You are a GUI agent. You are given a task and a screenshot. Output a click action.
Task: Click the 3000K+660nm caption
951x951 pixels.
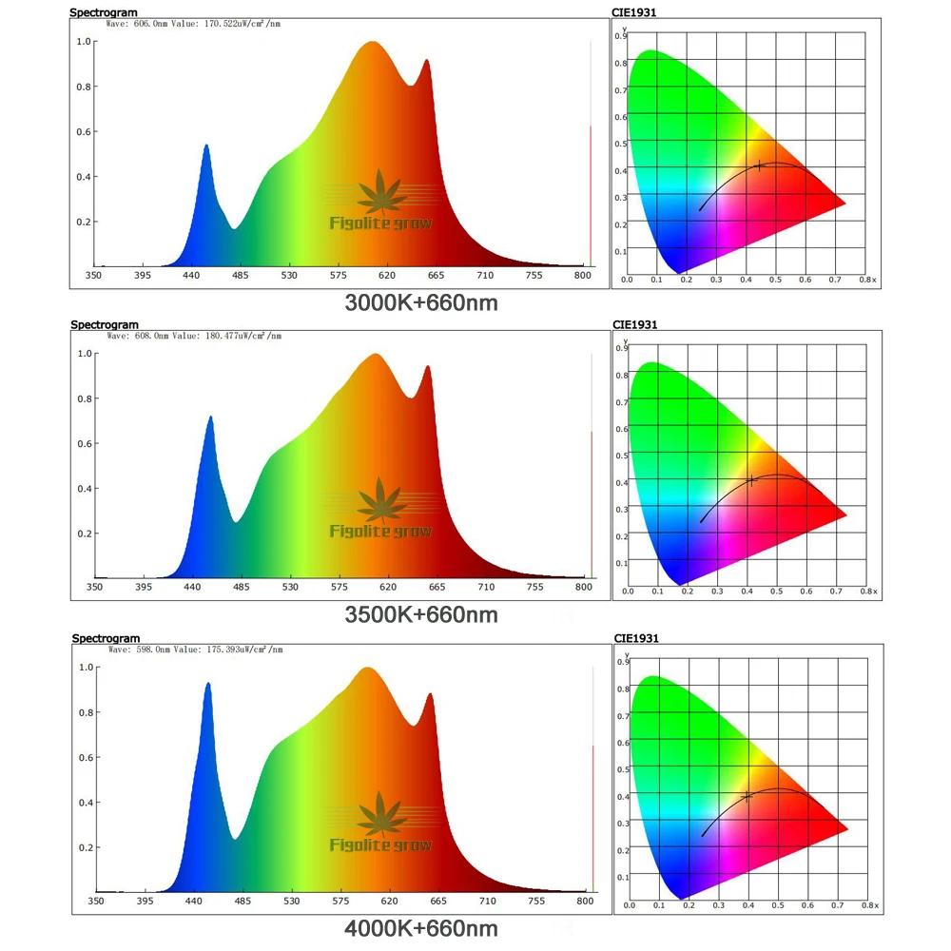pos(421,302)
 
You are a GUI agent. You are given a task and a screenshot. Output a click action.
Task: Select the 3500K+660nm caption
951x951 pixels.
pos(421,614)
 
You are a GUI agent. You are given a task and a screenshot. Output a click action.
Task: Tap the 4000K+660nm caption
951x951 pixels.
pos(421,927)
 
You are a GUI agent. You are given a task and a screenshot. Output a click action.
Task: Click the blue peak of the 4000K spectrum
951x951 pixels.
pos(207,684)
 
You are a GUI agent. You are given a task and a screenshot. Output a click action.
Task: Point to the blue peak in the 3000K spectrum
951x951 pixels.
pos(206,146)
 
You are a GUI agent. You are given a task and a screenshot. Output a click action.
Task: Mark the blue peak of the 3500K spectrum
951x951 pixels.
pos(210,417)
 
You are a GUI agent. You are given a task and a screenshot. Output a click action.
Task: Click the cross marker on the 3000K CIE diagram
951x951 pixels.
pos(759,165)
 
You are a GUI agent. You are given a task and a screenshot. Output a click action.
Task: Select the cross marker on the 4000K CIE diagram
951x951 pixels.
pos(747,795)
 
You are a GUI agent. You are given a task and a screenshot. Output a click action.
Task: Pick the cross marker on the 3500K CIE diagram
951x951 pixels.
pos(752,480)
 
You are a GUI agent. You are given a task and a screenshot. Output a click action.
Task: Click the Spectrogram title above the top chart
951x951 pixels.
pos(105,12)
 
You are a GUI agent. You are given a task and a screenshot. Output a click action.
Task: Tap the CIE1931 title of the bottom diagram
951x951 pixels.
pos(636,638)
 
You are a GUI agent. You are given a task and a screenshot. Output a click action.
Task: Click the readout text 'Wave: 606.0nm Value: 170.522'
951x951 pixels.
pos(195,24)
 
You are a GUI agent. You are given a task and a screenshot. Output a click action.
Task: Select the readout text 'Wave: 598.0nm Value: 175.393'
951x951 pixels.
pos(195,650)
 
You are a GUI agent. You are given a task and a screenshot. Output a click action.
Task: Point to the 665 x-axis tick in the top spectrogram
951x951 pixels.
pos(436,276)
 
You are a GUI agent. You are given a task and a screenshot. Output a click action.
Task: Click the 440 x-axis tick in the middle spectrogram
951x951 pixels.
pos(192,587)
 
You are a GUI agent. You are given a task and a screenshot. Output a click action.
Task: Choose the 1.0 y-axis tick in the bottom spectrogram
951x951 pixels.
pos(84,667)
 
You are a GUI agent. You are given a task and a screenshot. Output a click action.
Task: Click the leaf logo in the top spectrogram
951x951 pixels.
pos(379,190)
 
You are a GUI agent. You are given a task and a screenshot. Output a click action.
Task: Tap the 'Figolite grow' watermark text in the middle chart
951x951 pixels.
pos(380,531)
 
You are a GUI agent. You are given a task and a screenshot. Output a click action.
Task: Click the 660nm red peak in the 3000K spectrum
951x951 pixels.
pos(427,62)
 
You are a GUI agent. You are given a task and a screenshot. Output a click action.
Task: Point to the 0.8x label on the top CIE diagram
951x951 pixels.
pos(866,281)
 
